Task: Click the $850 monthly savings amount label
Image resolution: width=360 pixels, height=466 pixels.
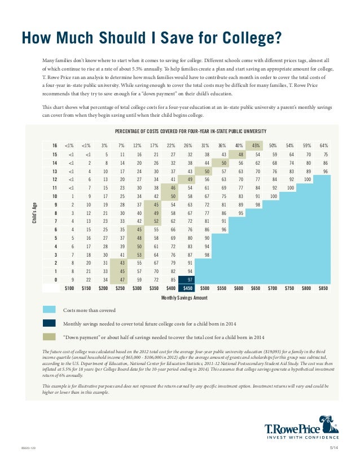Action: pos(323,287)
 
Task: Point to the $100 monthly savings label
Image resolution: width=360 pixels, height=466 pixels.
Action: pos(69,287)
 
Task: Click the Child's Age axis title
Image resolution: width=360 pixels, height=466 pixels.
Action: pos(34,216)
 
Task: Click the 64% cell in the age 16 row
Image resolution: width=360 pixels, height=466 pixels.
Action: pos(323,146)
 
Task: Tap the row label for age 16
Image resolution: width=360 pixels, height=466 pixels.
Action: pos(54,146)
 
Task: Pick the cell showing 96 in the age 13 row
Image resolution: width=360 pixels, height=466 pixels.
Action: pos(323,171)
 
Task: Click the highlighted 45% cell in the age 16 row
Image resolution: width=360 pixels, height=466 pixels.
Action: pos(255,146)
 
